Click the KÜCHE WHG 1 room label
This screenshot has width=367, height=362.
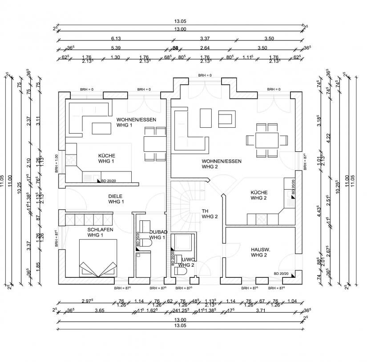[107, 158]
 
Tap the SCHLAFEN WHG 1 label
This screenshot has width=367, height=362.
[100, 232]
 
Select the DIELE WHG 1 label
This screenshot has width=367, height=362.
[116, 199]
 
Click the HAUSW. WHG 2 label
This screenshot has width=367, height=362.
[258, 252]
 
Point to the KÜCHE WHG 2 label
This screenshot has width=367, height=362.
[258, 195]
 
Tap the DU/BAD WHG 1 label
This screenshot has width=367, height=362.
[157, 235]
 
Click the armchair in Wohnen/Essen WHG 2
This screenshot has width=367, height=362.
[226, 118]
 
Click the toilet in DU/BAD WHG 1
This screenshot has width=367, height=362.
[145, 243]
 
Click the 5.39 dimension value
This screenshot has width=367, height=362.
[115, 48]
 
